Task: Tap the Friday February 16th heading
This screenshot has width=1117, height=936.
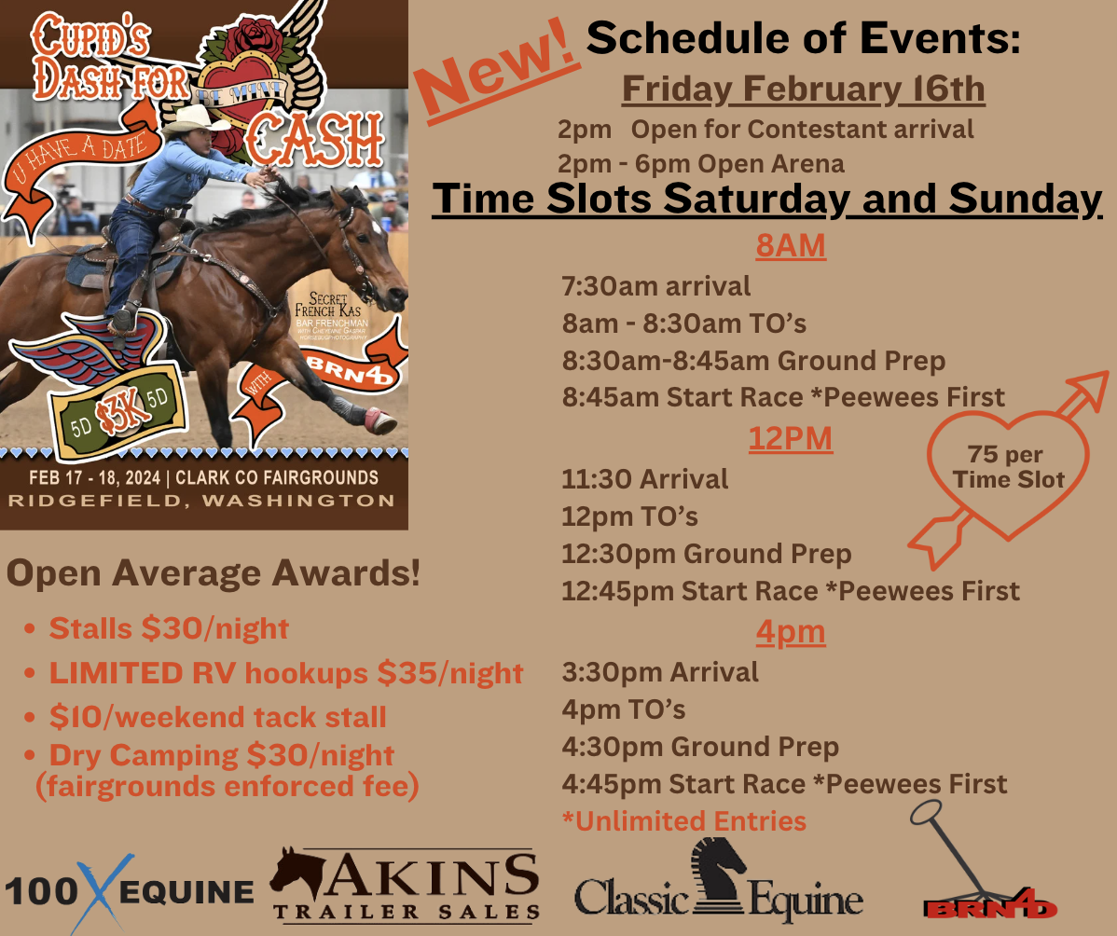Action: point(803,89)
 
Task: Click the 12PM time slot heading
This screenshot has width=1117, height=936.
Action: point(790,438)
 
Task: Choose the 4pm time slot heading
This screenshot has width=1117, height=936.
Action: point(790,632)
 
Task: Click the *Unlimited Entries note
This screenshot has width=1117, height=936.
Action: point(683,820)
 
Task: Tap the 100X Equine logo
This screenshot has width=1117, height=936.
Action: point(129,890)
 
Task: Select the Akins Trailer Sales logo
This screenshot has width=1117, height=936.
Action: point(406,885)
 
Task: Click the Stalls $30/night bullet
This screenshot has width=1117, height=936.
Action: point(169,628)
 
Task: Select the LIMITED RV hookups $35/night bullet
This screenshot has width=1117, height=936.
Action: point(285,672)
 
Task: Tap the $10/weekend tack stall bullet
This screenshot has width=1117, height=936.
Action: point(217,717)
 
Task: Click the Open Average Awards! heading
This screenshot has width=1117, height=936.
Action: point(213,574)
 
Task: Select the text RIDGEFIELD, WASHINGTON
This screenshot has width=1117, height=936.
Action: point(201,502)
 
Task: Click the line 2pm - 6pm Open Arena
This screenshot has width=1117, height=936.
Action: point(700,163)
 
